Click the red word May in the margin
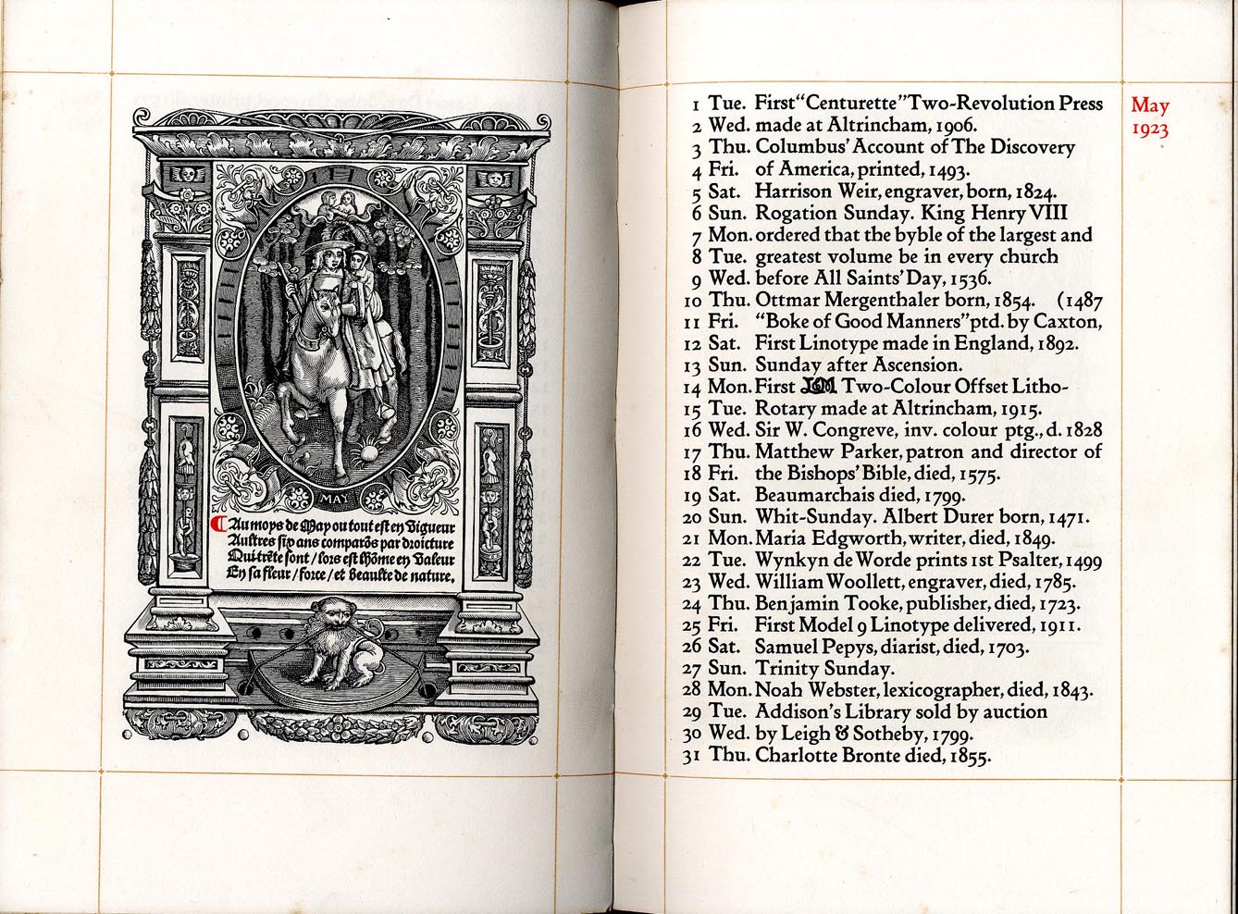pos(1149,106)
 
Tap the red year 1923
pos(1150,130)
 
